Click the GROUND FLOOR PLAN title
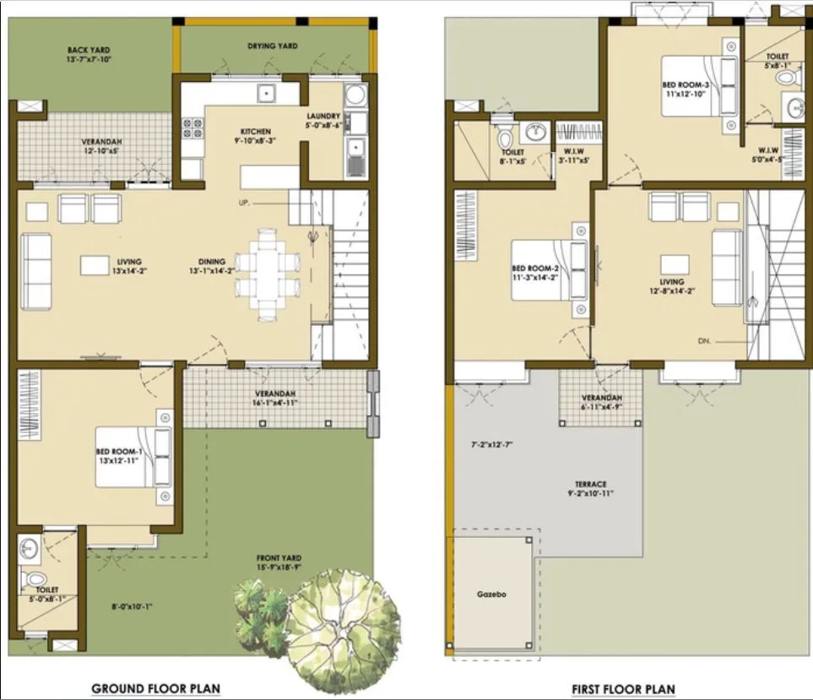point(155,688)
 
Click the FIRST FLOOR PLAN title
point(623,688)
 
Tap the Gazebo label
point(491,594)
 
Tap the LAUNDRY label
point(323,116)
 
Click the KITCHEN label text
point(256,132)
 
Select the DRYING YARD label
point(272,46)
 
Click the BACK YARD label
point(89,51)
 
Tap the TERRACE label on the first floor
point(591,484)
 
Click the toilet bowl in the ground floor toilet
point(35,578)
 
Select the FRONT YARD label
point(279,558)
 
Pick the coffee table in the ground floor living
point(94,265)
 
